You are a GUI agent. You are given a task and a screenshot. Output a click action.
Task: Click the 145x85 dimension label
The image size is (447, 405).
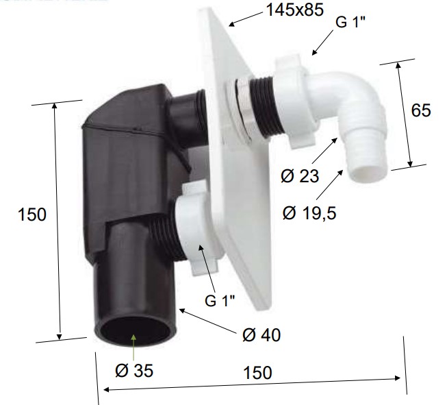[295, 10]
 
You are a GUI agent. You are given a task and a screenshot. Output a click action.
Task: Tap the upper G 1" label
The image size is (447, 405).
[350, 22]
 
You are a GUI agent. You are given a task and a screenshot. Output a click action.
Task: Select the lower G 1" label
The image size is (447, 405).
[220, 300]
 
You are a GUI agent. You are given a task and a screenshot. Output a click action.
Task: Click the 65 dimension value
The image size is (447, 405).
[421, 110]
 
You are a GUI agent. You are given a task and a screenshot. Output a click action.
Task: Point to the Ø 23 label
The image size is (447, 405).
[300, 175]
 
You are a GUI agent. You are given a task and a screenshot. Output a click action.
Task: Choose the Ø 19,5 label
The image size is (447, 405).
[309, 213]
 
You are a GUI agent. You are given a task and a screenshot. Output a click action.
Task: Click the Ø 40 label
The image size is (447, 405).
[261, 334]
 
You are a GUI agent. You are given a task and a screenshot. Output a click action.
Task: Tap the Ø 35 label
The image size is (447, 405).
[134, 371]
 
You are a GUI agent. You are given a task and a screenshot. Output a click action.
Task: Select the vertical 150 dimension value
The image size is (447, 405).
[31, 214]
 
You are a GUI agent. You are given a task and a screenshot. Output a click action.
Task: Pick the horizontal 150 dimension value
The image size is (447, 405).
[257, 373]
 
